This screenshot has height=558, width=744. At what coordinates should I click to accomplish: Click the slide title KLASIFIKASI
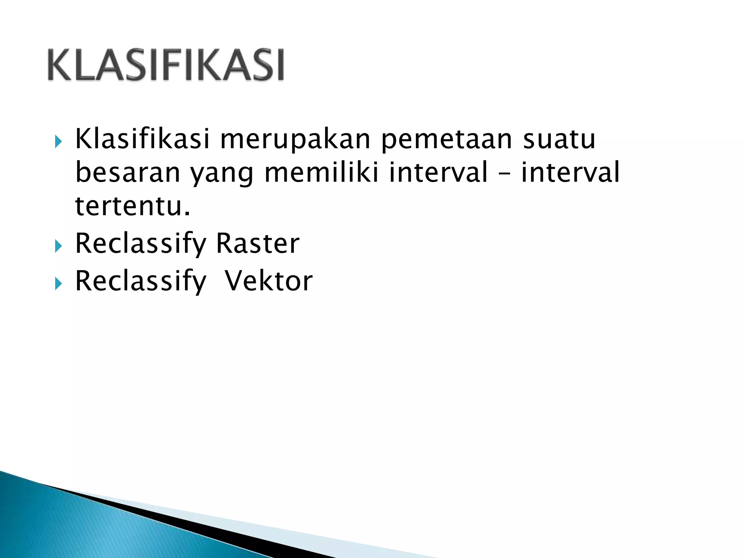coord(166,65)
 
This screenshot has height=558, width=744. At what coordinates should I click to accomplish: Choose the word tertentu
coord(133,206)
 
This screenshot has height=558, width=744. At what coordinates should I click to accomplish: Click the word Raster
coord(258,243)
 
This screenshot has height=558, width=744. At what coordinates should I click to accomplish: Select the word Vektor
coord(268,281)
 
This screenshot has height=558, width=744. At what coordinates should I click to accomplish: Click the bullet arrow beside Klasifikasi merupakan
coord(58,141)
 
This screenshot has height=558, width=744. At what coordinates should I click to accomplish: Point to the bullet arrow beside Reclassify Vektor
coord(58,284)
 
